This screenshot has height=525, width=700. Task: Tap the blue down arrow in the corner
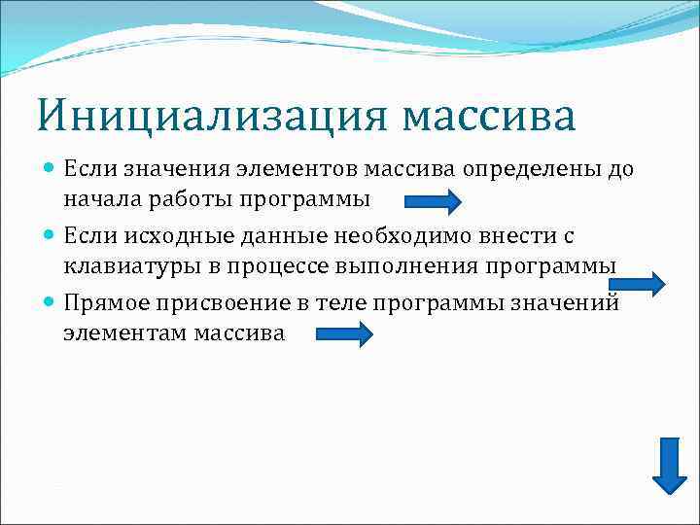click(x=669, y=465)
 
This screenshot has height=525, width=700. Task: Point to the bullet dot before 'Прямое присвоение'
click(x=51, y=303)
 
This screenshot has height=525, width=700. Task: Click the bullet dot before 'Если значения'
click(x=51, y=169)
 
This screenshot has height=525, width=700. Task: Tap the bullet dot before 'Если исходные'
click(x=51, y=236)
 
